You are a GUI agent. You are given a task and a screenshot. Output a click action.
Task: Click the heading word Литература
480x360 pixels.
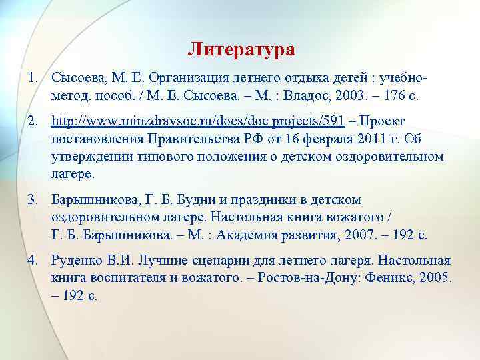[x=241, y=49]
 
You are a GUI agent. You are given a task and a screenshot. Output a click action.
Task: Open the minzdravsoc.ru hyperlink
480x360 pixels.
[x=198, y=121]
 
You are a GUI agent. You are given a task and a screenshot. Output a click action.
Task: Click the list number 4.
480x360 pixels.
[x=32, y=260]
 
